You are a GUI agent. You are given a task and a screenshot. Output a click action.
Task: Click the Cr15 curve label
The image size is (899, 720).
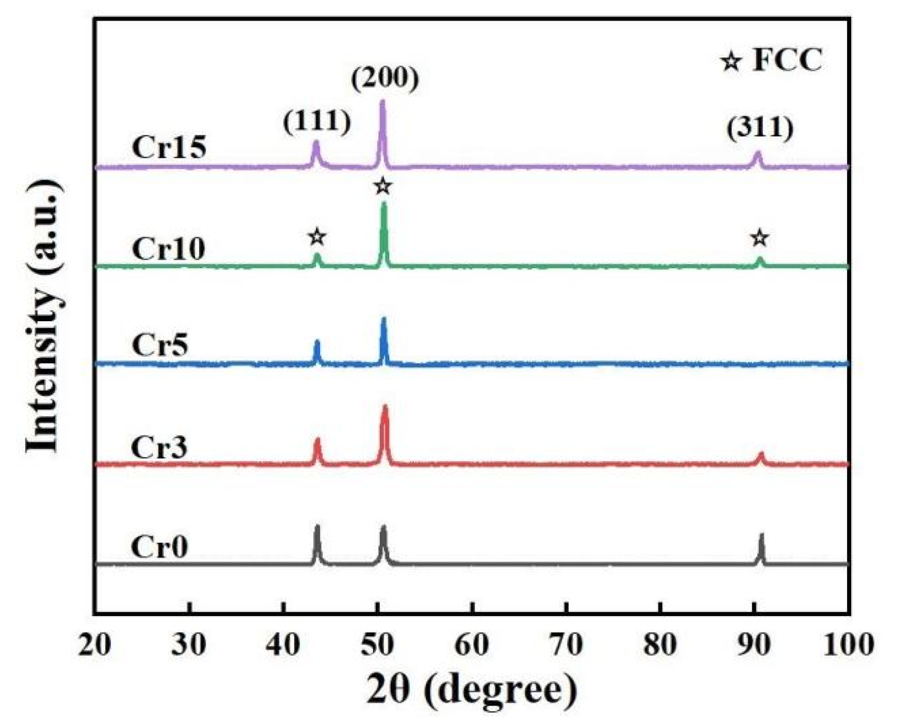(x=169, y=147)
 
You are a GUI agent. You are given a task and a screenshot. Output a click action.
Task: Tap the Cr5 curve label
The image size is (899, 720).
(x=160, y=345)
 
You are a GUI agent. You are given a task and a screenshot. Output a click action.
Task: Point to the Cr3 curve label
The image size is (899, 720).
(x=159, y=447)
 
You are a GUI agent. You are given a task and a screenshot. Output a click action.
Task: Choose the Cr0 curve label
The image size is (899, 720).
(x=159, y=546)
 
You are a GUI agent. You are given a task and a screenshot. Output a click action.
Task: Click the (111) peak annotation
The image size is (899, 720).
(x=317, y=122)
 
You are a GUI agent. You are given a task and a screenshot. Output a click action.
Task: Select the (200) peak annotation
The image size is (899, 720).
(x=385, y=78)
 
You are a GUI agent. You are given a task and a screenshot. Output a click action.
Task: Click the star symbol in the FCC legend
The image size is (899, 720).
(x=731, y=62)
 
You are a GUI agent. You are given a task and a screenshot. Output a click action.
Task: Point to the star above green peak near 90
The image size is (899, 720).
(x=759, y=238)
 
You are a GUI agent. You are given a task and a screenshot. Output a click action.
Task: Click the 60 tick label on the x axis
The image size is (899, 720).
(x=471, y=644)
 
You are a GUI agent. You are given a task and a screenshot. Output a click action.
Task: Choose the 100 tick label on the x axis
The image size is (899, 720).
(x=847, y=644)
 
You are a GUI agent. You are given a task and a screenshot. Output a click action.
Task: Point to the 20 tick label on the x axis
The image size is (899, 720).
(x=95, y=644)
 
